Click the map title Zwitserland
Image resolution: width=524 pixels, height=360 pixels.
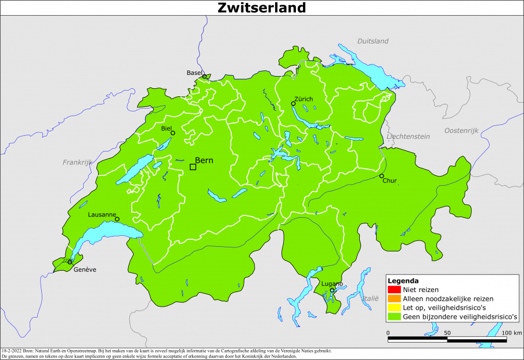[x=262, y=8]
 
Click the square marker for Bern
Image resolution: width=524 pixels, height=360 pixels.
[x=193, y=167]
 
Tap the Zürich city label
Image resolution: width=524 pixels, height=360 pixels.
[x=303, y=99]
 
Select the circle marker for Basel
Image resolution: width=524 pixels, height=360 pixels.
[x=204, y=77]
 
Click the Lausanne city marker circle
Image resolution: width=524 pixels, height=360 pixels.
[x=117, y=219]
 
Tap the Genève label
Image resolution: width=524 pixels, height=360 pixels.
[x=85, y=269]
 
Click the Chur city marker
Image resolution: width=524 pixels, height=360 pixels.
[x=382, y=176]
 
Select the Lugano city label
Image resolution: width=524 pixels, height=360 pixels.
[x=332, y=283]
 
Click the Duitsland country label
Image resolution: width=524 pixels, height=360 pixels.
[x=373, y=41]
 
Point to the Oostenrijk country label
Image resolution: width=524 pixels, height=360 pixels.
[x=461, y=131]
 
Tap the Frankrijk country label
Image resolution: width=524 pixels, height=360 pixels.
[x=78, y=162]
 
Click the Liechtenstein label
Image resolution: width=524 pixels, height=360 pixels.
[x=408, y=136]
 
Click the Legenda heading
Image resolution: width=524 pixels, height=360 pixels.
[x=403, y=280]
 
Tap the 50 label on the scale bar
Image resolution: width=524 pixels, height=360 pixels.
[x=447, y=333]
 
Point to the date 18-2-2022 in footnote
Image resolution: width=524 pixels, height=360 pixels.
[x=13, y=351]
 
